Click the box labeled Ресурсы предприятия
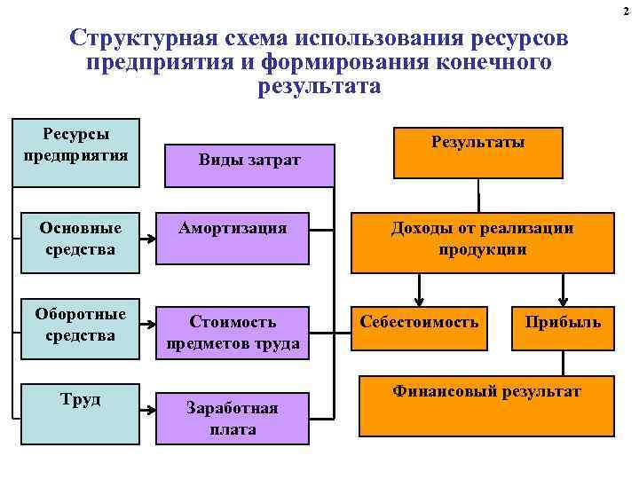76,152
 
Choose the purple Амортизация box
233,239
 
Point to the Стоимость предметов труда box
233,332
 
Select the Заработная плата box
233,418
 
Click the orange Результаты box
477,152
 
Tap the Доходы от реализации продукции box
482,241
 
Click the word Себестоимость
419,321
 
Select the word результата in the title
319,87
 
